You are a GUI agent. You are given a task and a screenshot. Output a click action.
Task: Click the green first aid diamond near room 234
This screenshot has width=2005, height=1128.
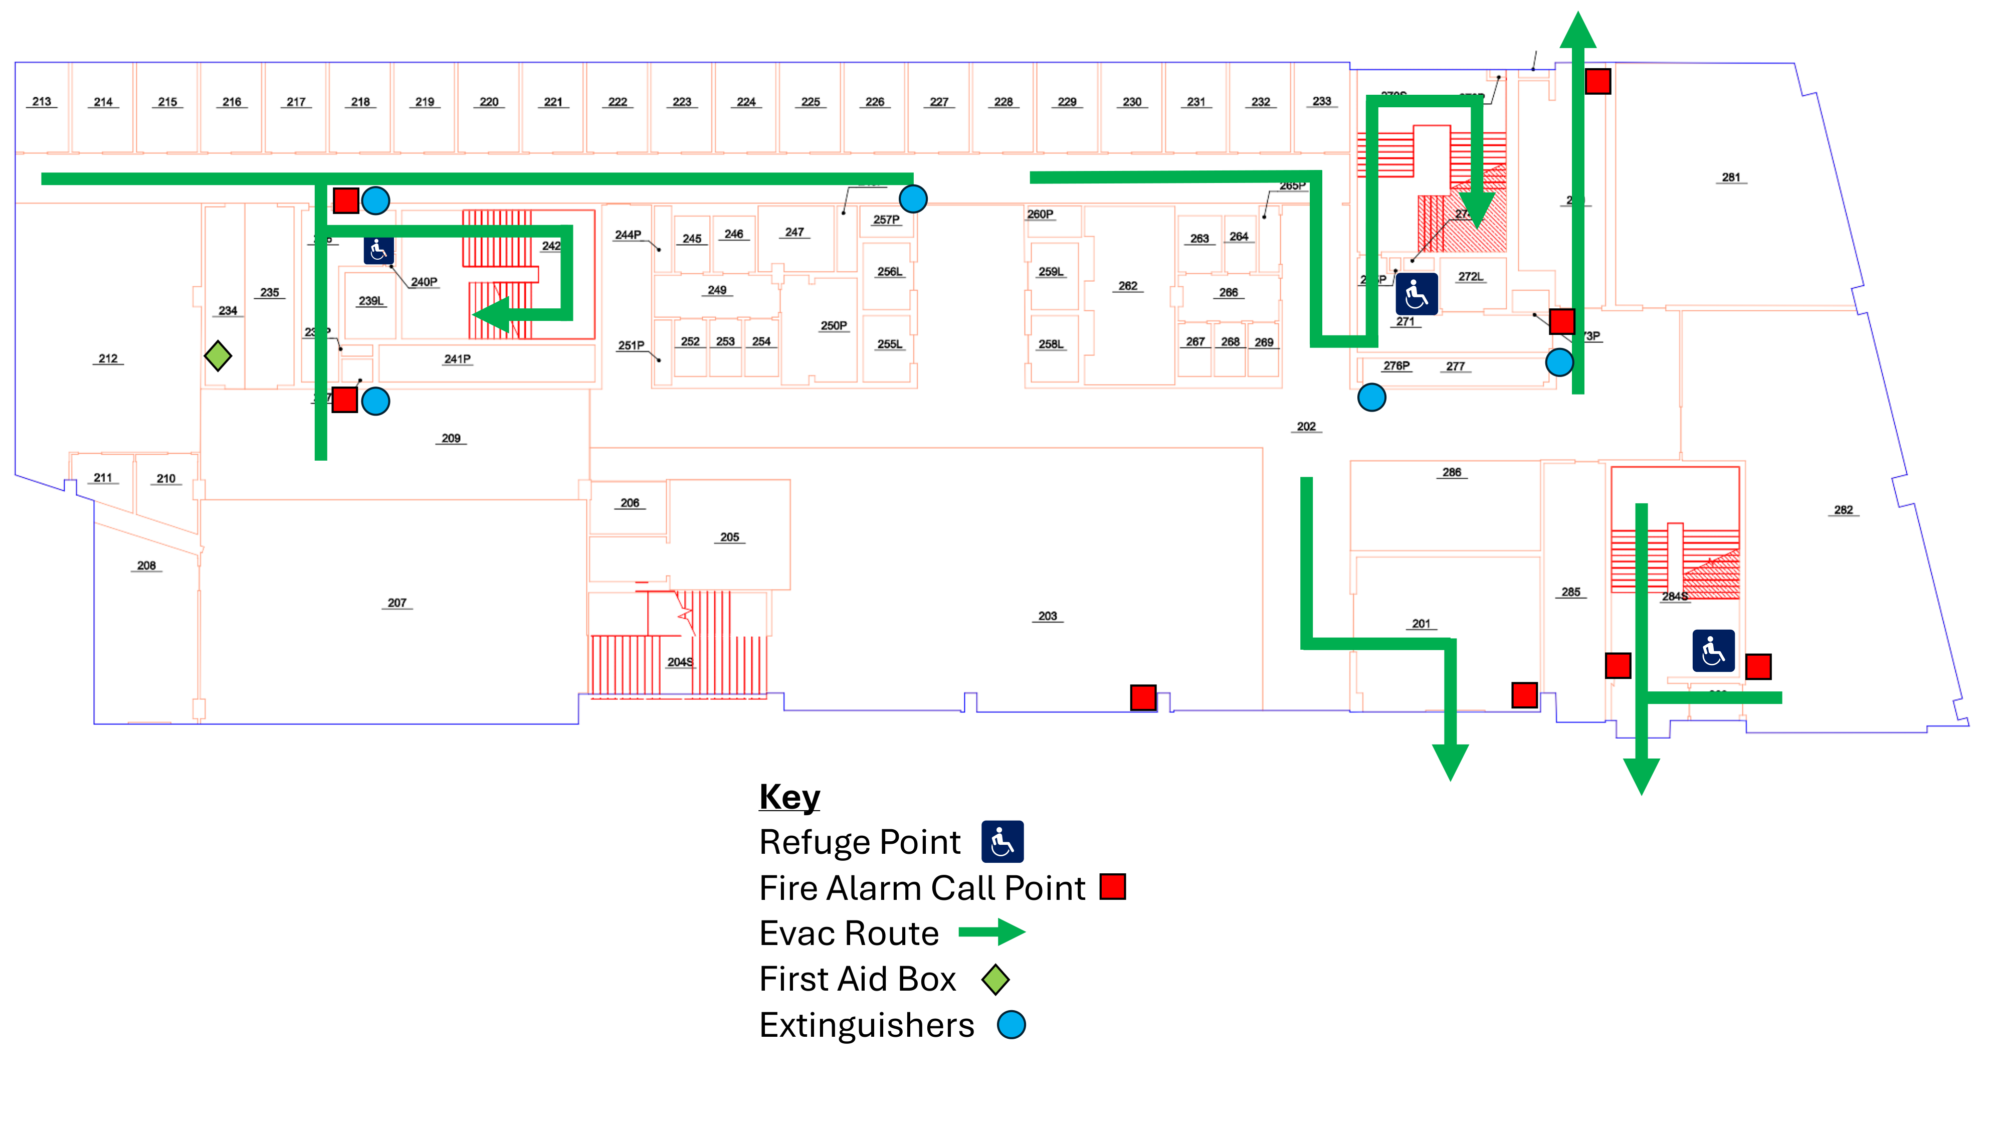pos(218,356)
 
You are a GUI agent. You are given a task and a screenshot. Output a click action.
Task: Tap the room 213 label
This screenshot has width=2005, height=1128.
pos(42,102)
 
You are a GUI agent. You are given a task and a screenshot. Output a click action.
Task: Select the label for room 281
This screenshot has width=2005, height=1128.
pos(1730,177)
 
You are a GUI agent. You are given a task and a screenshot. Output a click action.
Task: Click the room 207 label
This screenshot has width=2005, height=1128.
pos(397,603)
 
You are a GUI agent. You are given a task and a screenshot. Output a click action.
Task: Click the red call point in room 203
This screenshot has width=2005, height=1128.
pos(1143,697)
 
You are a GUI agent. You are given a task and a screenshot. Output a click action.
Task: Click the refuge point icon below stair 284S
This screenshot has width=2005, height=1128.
pos(1713,651)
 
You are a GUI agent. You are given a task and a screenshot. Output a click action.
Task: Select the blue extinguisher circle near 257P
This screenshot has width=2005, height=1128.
pos(913,200)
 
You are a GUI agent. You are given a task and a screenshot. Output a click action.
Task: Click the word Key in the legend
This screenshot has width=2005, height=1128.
pos(789,797)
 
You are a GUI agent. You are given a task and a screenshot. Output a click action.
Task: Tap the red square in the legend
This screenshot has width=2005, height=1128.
pos(1112,887)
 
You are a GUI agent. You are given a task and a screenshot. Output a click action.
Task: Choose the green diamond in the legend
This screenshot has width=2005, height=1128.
pos(995,979)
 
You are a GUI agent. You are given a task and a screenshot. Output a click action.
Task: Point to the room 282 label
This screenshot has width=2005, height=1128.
pos(1843,510)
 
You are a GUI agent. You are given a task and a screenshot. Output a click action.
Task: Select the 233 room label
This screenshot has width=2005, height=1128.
pos(1322,101)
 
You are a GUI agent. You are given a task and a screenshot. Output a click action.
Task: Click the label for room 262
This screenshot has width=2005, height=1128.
pos(1128,286)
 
